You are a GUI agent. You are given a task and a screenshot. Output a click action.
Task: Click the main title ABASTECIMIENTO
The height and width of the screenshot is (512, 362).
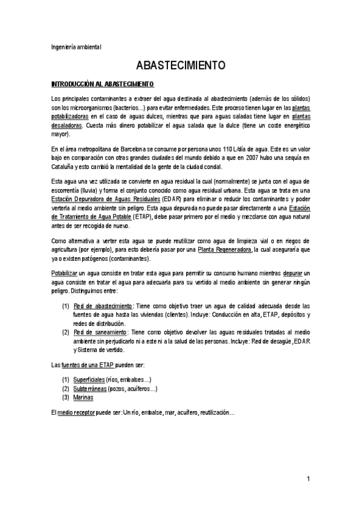click(x=181, y=65)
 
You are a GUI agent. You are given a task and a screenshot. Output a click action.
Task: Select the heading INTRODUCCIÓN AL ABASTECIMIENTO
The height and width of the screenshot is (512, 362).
click(x=102, y=84)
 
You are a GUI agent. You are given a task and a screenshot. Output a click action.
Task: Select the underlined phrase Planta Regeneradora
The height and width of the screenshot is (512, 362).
click(x=225, y=250)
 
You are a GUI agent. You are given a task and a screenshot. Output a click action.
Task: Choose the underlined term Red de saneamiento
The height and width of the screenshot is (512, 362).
click(x=100, y=333)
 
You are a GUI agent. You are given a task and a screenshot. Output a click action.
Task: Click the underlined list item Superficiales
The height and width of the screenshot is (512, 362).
click(x=88, y=379)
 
